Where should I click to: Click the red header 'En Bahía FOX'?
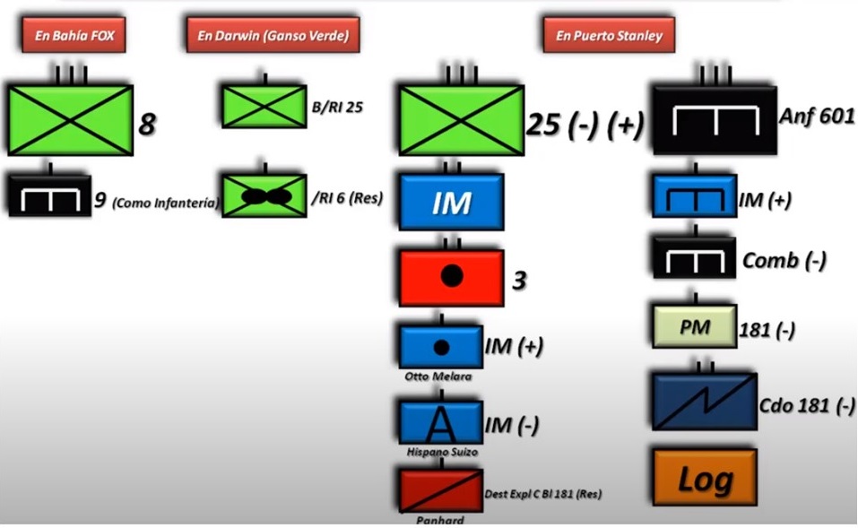(74, 36)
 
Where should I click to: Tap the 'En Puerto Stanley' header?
(608, 36)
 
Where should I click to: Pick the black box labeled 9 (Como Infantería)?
(48, 195)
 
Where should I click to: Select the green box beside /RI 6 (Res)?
(263, 195)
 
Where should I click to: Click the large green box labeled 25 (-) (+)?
(461, 120)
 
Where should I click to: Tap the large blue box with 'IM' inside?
(451, 203)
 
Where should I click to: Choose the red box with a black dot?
(451, 277)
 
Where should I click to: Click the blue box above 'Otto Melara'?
(441, 347)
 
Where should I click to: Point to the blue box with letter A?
(441, 422)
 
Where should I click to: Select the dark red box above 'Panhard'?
(441, 489)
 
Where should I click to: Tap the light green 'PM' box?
(694, 327)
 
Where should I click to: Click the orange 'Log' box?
(705, 478)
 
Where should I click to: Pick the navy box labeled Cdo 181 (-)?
(705, 402)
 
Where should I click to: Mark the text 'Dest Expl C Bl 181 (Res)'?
(542, 494)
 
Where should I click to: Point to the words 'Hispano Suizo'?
(441, 452)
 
